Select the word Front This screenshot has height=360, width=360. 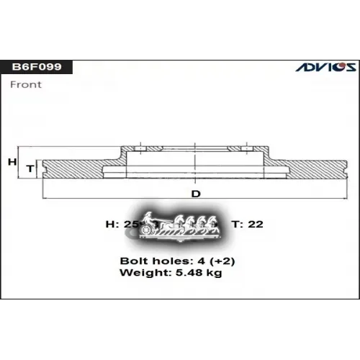(26, 84)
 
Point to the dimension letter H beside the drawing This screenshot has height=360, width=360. (12, 163)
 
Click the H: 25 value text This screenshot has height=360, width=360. (121, 225)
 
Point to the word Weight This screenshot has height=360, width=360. (139, 273)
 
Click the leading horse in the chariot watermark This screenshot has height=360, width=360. (215, 225)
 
